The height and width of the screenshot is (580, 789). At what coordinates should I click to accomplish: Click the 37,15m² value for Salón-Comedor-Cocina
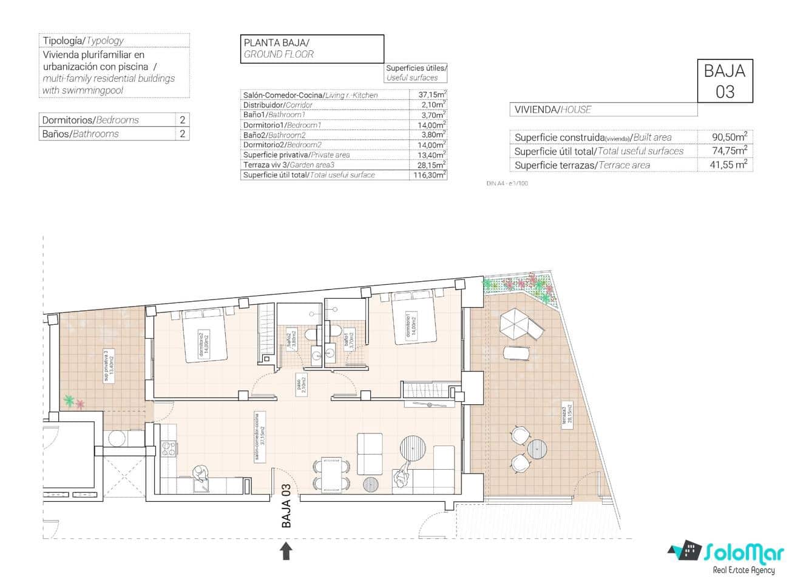pyautogui.click(x=432, y=95)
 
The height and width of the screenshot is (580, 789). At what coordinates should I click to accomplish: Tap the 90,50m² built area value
pyautogui.click(x=729, y=137)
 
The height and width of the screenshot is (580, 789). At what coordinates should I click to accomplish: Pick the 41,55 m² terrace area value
pyautogui.click(x=728, y=165)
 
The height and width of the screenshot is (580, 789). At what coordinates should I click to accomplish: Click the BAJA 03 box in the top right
pyautogui.click(x=725, y=81)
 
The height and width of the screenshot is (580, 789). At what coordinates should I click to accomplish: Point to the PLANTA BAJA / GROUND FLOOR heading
pyautogui.click(x=312, y=48)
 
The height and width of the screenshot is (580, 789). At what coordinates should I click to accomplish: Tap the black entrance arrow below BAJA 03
pyautogui.click(x=286, y=550)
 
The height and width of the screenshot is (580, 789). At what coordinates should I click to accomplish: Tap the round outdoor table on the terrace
pyautogui.click(x=537, y=449)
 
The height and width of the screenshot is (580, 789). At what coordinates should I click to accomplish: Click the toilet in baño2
pyautogui.click(x=311, y=335)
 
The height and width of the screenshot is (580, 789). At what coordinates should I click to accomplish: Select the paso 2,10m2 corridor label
pyautogui.click(x=302, y=384)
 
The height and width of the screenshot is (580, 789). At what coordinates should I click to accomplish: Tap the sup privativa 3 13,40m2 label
pyautogui.click(x=109, y=367)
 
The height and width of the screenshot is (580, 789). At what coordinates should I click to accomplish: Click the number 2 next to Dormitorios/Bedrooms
pyautogui.click(x=182, y=119)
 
